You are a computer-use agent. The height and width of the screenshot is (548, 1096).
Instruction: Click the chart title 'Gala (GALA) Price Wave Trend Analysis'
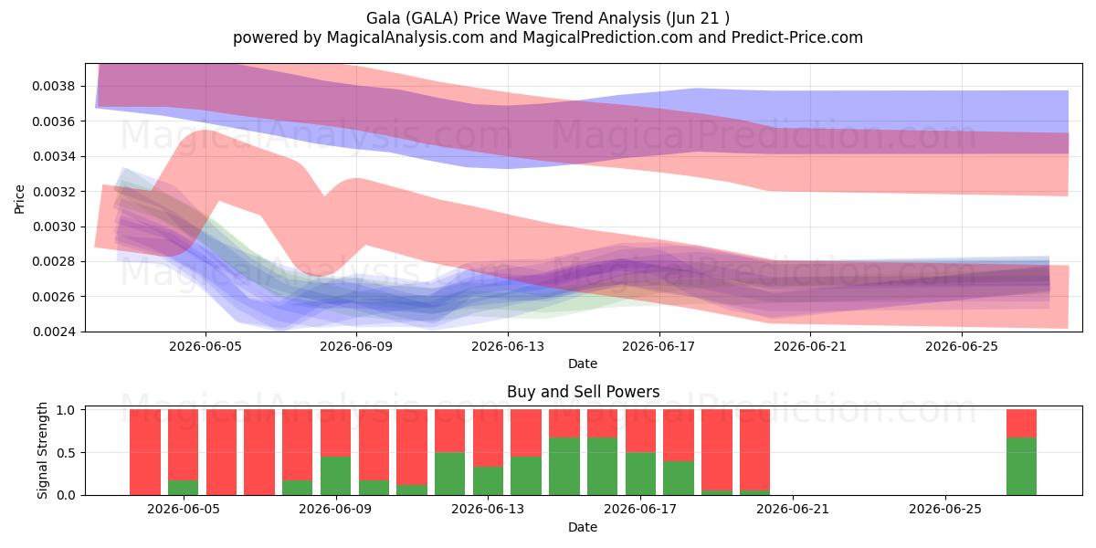[x=513, y=18]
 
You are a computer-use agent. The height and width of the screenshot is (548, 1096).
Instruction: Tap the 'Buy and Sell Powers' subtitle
[x=584, y=392]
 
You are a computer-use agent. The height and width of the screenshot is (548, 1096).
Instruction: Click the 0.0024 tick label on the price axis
[x=53, y=332]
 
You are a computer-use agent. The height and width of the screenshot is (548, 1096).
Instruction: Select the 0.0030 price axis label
[x=53, y=227]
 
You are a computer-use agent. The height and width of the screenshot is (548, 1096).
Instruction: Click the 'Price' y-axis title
[x=19, y=199]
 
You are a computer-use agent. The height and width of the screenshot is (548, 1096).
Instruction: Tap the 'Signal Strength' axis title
[x=43, y=450]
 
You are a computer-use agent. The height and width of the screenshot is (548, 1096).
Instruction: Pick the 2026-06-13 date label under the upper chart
[x=508, y=346]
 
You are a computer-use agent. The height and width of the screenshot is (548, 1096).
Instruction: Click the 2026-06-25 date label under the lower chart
[x=945, y=510]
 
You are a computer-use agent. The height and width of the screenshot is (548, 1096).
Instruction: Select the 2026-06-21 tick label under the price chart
[x=810, y=346]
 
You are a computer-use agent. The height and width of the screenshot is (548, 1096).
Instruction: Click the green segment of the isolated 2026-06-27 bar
[x=1022, y=467]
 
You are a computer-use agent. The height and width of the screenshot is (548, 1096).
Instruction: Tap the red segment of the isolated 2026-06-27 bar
[x=1022, y=424]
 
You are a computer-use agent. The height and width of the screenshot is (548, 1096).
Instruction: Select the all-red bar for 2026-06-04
[x=145, y=452]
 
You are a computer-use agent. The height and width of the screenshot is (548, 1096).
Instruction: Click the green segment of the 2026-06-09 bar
[x=336, y=476]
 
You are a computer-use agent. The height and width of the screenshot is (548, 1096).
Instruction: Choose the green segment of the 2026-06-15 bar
[x=564, y=467]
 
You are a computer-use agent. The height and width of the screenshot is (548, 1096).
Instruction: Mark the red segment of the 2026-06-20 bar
[x=755, y=450]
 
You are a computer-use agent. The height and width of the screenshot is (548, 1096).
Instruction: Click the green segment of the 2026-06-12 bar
[x=450, y=474]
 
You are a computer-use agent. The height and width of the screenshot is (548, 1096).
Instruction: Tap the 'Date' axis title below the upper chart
[x=583, y=364]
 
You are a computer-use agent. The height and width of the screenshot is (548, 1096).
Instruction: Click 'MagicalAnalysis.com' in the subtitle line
[x=406, y=37]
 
